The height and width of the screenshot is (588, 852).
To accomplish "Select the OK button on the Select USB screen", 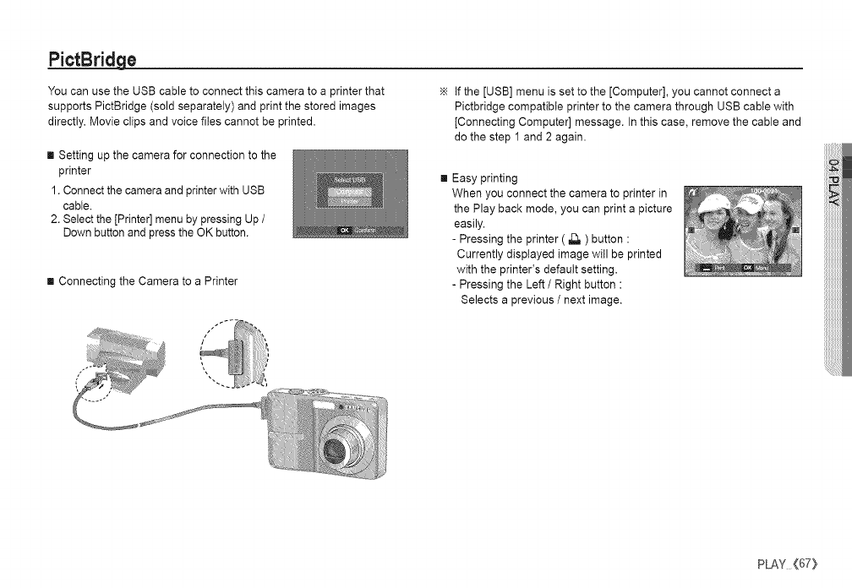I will (x=345, y=229).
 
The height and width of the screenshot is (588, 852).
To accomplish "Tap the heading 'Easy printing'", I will (x=484, y=178).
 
